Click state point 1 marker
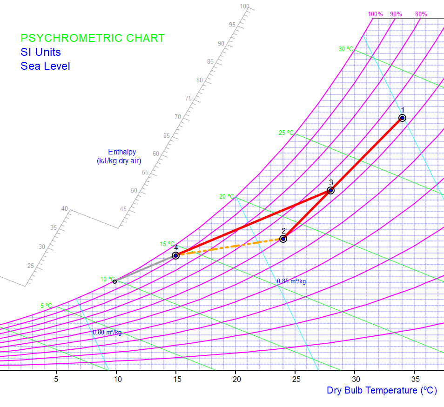click(x=402, y=118)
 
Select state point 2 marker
click(x=283, y=239)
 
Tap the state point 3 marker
click(x=330, y=190)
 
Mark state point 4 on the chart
click(x=175, y=255)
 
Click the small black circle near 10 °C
click(x=114, y=281)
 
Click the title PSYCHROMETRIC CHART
click(x=93, y=38)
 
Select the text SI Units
click(x=40, y=52)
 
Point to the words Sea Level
click(x=45, y=66)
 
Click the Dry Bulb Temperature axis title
click(x=382, y=391)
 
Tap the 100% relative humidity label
click(x=376, y=14)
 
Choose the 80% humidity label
click(x=421, y=14)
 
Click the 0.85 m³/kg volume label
click(x=291, y=281)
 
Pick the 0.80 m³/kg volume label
click(x=107, y=333)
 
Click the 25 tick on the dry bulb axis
click(x=296, y=380)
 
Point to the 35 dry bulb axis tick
click(x=415, y=380)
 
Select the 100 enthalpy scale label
click(x=245, y=7)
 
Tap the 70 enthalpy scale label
click(x=178, y=117)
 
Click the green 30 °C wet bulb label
click(x=346, y=49)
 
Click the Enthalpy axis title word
click(x=122, y=152)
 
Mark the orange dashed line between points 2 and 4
click(x=233, y=247)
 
